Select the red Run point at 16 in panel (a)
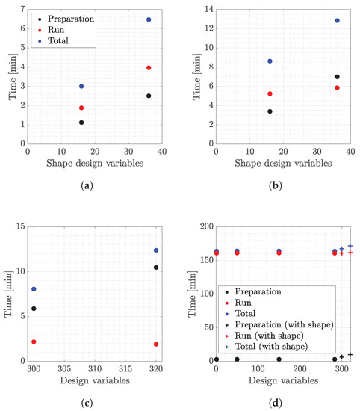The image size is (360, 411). [x=81, y=108]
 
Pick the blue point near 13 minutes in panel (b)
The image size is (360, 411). [x=337, y=21]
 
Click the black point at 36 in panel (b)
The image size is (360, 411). [x=337, y=77]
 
